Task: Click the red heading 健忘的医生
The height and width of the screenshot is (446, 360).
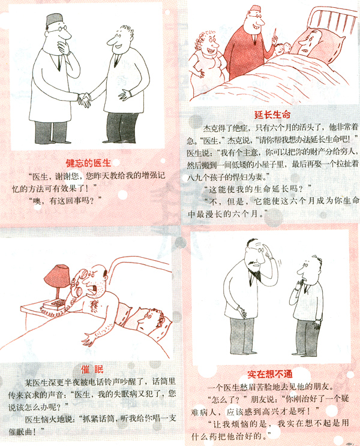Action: pyautogui.click(x=88, y=163)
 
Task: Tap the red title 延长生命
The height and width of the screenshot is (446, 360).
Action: pyautogui.click(x=272, y=115)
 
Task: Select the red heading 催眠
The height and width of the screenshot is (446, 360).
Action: pyautogui.click(x=92, y=369)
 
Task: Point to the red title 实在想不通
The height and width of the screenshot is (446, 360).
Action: pyautogui.click(x=270, y=374)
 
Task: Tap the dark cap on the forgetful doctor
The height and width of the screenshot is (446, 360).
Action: pyautogui.click(x=55, y=20)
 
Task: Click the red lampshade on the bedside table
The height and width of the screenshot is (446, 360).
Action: pyautogui.click(x=58, y=275)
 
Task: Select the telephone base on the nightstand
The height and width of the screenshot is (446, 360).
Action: pyautogui.click(x=53, y=307)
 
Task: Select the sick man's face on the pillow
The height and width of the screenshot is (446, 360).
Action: pyautogui.click(x=308, y=43)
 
